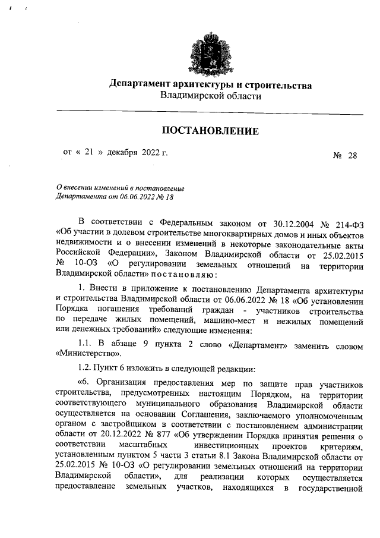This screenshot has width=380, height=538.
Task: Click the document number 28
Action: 353,156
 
